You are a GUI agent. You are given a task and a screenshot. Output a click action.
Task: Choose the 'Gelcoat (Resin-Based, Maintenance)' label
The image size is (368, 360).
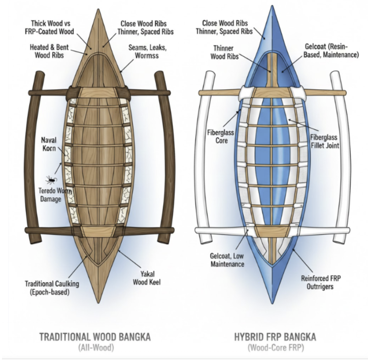click(331, 50)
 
